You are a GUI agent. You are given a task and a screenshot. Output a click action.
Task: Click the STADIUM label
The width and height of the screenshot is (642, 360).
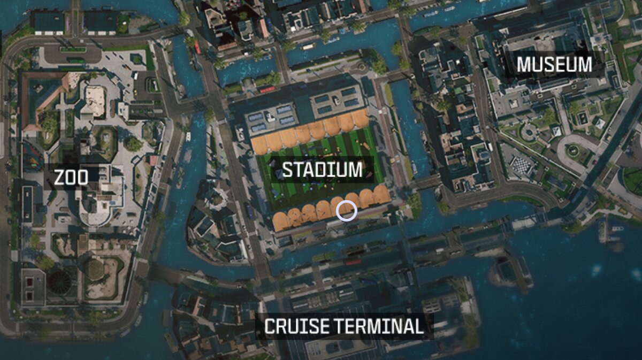[x=322, y=170]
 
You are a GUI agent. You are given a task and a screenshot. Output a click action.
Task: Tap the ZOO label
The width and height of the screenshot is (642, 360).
[x=71, y=177]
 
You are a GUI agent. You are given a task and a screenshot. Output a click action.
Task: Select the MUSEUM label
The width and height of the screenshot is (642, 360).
[x=554, y=65]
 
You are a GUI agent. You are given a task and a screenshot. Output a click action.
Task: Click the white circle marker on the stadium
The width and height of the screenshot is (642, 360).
[x=347, y=211]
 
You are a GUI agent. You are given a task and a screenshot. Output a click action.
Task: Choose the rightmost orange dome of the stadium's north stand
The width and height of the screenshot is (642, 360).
[x=361, y=118]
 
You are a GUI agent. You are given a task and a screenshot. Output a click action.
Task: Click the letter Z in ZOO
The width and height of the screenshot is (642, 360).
[x=59, y=177]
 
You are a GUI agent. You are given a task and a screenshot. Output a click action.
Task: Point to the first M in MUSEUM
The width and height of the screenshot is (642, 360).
[x=524, y=65]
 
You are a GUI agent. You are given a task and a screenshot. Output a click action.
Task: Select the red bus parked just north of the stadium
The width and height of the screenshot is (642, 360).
[x=267, y=89]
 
